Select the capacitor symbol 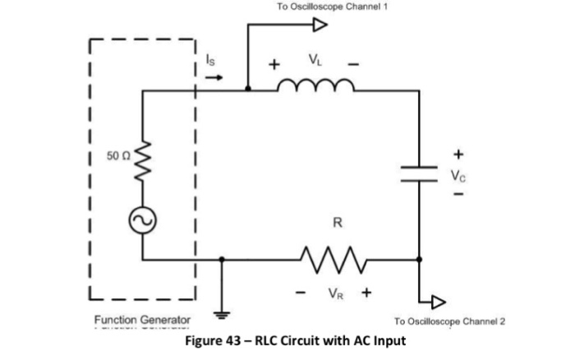(419, 172)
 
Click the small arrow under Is (212, 78)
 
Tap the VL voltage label (315, 59)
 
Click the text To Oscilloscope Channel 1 (332, 7)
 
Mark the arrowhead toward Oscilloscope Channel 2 (441, 301)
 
